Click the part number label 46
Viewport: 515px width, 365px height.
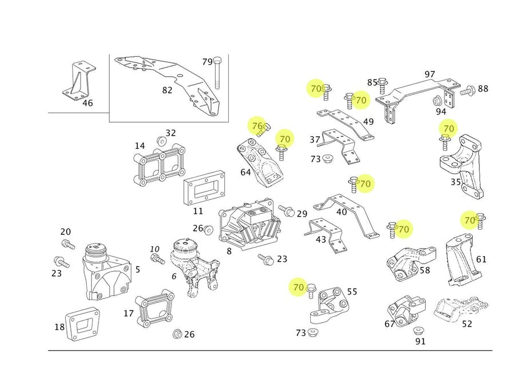(88, 104)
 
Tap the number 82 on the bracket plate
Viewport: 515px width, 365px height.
(167, 90)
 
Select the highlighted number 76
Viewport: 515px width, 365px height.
(257, 125)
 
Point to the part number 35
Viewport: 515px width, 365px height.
(455, 182)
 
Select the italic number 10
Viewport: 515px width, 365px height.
(154, 249)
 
